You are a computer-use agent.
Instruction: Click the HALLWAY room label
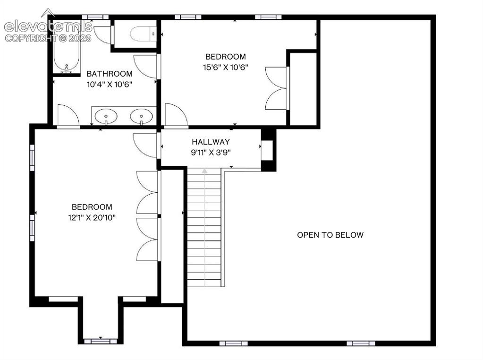tap(211, 142)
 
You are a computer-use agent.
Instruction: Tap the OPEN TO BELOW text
tap(330, 235)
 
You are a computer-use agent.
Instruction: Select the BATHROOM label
tap(110, 74)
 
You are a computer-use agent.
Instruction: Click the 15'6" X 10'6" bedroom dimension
tap(226, 67)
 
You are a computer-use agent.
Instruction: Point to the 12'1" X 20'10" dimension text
tap(92, 218)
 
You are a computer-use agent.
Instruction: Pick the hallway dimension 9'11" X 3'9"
tap(211, 152)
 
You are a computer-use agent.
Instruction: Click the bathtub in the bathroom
tap(67, 47)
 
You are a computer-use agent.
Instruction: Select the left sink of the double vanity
tap(106, 117)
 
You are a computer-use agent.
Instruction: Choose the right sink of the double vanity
tap(141, 117)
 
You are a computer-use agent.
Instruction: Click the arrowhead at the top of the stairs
tap(204, 171)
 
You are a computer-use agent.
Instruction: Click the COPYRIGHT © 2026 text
tap(48, 38)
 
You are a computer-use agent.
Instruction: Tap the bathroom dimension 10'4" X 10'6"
tap(110, 84)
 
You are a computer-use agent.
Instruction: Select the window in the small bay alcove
tap(101, 341)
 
